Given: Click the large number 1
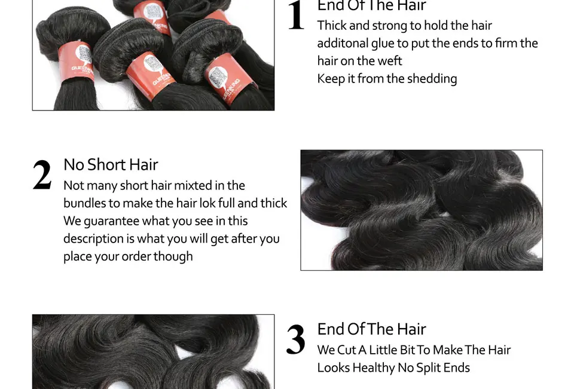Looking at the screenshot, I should coord(296,16).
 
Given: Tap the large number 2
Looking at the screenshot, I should coord(42,176).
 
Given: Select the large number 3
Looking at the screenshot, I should coord(295,340).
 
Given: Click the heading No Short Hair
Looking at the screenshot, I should coord(111,164).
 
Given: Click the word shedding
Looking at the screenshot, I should coord(432,79).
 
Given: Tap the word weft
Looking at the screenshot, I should coord(389,61).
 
